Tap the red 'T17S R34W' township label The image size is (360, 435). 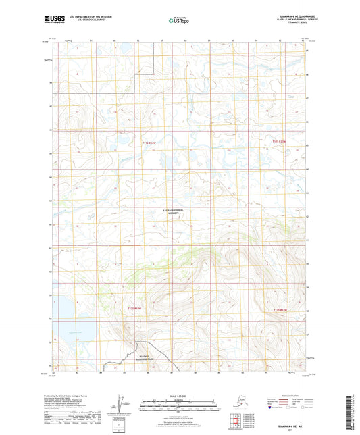click(149, 143)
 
